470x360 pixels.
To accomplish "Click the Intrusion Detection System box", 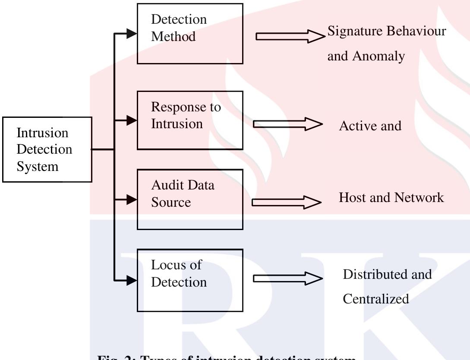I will (47, 149).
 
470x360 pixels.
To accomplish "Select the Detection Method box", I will (190, 34).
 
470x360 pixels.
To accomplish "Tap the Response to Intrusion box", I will (190, 120).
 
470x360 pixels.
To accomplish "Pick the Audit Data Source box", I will (190, 199).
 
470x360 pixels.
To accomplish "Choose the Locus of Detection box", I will (190, 280).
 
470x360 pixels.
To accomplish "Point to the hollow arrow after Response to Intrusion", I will (287, 124).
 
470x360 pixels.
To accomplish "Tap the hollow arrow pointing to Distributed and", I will (287, 278).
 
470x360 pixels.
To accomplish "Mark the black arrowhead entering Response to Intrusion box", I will (132, 120).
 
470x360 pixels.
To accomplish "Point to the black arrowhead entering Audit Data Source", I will (132, 199).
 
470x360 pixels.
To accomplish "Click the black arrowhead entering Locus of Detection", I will (132, 281).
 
